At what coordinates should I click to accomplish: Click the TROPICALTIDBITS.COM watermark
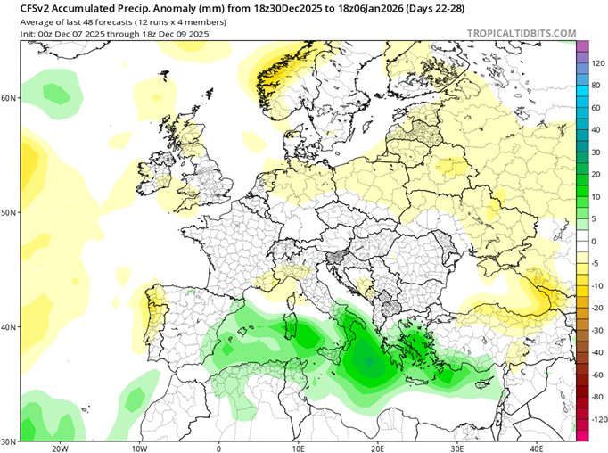[x=522, y=33]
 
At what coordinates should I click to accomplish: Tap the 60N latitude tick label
[x=9, y=97]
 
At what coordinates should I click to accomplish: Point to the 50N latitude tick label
[x=9, y=212]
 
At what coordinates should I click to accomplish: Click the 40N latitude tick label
[x=9, y=326]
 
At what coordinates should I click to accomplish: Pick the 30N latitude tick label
[x=9, y=441]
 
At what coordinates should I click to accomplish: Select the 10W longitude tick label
[x=139, y=448]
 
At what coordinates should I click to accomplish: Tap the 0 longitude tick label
[x=219, y=448]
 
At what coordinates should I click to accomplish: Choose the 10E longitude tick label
[x=299, y=448]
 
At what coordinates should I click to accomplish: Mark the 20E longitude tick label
[x=378, y=448]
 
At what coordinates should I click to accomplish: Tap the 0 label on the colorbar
[x=595, y=241]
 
